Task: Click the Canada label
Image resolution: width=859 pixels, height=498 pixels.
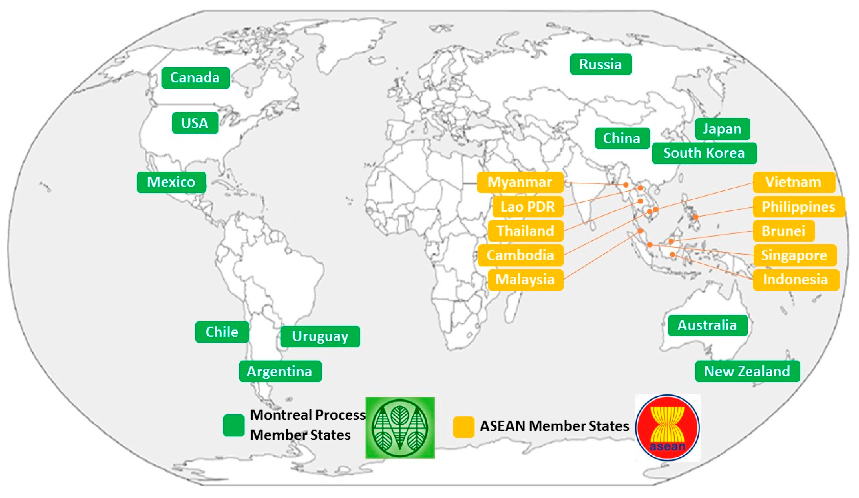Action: tap(195, 78)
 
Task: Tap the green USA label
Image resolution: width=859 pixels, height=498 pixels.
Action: tap(195, 123)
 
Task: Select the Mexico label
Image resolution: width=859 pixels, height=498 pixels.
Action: tap(171, 182)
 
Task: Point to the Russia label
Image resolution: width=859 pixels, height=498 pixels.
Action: tap(600, 64)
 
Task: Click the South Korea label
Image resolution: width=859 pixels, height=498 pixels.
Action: tap(704, 153)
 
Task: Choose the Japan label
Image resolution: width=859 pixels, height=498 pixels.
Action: tap(722, 129)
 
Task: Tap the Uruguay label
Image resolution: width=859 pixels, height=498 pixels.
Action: tap(320, 336)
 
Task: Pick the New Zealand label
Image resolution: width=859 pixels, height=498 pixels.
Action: tap(747, 371)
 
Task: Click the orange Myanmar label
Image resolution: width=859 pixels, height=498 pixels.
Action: tap(520, 182)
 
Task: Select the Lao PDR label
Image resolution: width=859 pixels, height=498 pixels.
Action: tap(528, 207)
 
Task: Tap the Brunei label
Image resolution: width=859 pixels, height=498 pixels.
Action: tap(784, 231)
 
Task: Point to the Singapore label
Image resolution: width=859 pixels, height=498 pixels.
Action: tap(794, 255)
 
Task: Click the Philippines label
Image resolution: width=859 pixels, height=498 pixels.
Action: tap(799, 207)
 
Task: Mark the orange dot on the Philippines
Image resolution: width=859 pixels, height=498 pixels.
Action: tap(695, 217)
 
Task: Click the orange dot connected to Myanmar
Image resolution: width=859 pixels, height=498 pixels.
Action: tap(626, 185)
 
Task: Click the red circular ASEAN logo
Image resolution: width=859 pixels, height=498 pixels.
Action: tap(667, 428)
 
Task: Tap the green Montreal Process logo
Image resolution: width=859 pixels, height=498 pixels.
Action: tap(400, 428)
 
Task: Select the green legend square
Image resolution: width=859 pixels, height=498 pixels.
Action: tap(234, 425)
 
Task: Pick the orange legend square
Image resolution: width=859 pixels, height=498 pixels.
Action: tap(463, 427)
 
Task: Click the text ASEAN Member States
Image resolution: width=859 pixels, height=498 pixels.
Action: tap(554, 426)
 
